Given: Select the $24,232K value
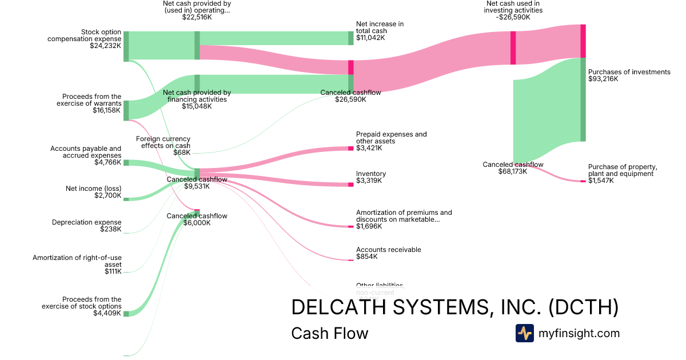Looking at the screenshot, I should pos(106,46).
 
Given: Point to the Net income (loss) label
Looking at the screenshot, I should pos(93,189).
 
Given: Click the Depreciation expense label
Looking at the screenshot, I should pos(86,222).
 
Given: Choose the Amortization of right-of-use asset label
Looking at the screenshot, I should pos(77,261).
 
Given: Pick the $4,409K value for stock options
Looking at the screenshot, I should pos(108,313).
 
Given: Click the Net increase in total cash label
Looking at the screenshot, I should pos(380,27).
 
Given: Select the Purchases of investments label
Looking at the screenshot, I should pos(629,72).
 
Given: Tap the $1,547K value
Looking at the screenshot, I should pos(601,181).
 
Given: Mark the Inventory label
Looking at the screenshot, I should pos(371,174).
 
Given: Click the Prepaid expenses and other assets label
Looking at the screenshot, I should pos(391,138).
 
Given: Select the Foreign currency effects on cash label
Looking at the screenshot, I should pos(163,142).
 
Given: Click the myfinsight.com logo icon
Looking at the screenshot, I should pos(524,333).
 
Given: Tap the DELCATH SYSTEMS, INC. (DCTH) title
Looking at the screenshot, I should pos(454,307).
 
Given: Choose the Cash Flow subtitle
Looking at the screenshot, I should pos(329,333).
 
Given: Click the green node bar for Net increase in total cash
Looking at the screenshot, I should pos(351,38).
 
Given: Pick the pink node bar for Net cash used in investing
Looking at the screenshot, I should pos(513,48).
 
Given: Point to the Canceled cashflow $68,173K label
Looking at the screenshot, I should pos(513,167).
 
